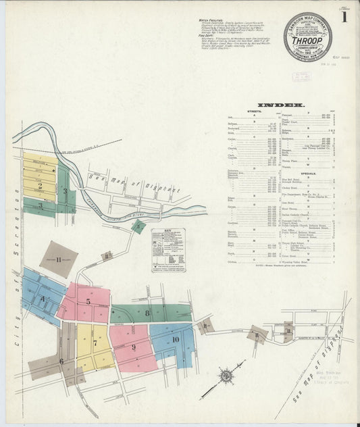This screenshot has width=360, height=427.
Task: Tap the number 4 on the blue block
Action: coord(42,298)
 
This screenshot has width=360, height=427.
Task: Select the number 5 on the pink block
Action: coord(88,302)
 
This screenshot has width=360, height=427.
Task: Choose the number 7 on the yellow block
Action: coord(95,343)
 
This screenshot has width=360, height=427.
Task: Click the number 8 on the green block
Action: coord(147,313)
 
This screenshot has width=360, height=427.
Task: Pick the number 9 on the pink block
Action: coord(133,347)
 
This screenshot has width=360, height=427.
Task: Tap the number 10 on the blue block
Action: coord(175,339)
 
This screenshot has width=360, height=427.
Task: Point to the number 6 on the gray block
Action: coord(61,360)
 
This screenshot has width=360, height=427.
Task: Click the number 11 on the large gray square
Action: coord(59,259)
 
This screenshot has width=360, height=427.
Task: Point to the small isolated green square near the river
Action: coord(138,226)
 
